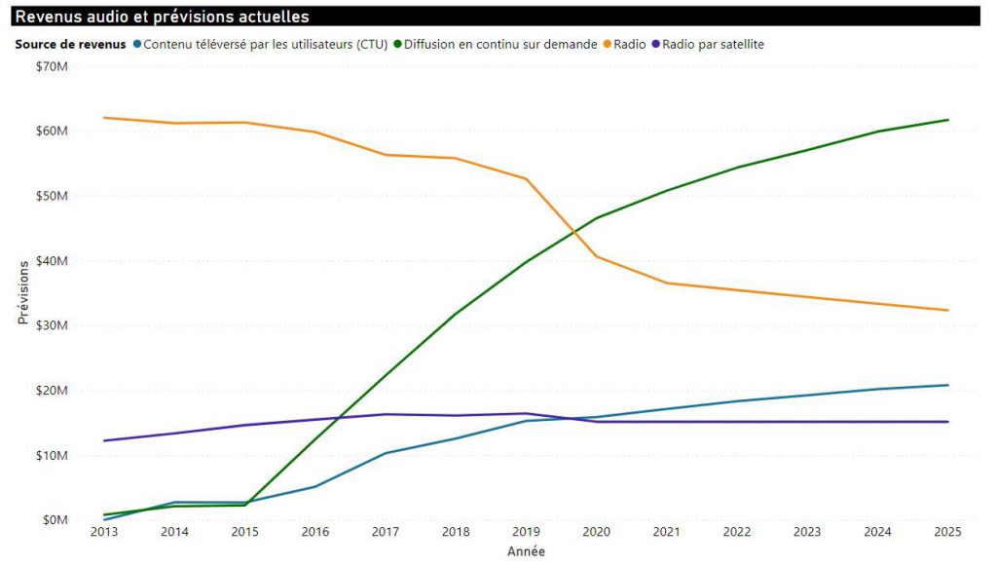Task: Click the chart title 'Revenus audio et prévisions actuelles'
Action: pyautogui.click(x=163, y=17)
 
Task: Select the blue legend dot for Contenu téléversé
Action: pyautogui.click(x=136, y=44)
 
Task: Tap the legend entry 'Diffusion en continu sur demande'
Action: pyautogui.click(x=496, y=44)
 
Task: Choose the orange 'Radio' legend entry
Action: pyautogui.click(x=624, y=44)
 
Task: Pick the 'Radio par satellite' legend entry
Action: pyautogui.click(x=708, y=44)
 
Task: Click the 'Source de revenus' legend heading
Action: pyautogui.click(x=70, y=44)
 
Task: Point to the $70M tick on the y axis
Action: pyautogui.click(x=53, y=66)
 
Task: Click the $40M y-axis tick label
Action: pyautogui.click(x=53, y=260)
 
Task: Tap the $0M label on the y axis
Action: pyautogui.click(x=55, y=520)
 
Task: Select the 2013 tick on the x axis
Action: pyautogui.click(x=104, y=532)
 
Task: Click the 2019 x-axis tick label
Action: pyautogui.click(x=526, y=532)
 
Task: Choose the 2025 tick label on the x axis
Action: pyautogui.click(x=947, y=532)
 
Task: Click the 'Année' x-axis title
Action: pyautogui.click(x=526, y=551)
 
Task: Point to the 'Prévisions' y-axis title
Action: pyautogui.click(x=23, y=292)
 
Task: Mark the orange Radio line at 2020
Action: pyautogui.click(x=597, y=256)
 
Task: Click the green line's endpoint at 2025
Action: pyautogui.click(x=948, y=120)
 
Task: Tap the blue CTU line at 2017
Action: pyautogui.click(x=386, y=453)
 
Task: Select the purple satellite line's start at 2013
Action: pyautogui.click(x=104, y=440)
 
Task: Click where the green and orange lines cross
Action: pyautogui.click(x=573, y=232)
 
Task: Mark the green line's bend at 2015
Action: pyautogui.click(x=244, y=505)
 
